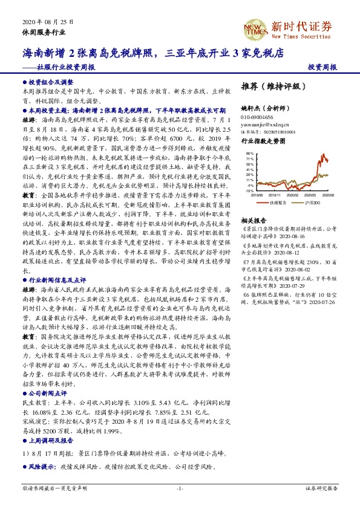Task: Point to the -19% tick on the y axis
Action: pyautogui.click(x=249, y=190)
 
